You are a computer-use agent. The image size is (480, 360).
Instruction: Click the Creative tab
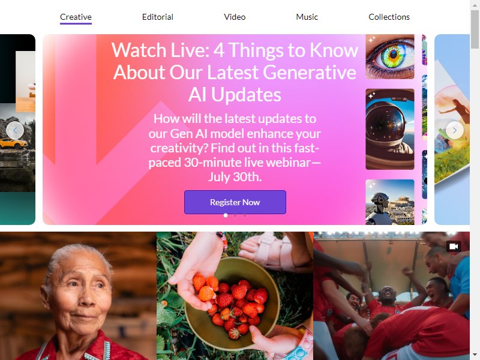click(76, 17)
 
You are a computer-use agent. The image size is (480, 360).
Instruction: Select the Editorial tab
click(158, 17)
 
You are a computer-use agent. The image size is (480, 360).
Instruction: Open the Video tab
click(235, 17)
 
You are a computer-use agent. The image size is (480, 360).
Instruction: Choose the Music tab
click(307, 17)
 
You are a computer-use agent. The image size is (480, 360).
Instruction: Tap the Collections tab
click(389, 17)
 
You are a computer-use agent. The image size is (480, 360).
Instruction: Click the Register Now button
click(235, 202)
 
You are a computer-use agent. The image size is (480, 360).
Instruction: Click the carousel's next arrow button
click(455, 130)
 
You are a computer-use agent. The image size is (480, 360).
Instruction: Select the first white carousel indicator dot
click(226, 215)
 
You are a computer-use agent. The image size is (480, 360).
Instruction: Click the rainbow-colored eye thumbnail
click(390, 56)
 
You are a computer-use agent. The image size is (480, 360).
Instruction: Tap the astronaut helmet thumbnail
click(390, 129)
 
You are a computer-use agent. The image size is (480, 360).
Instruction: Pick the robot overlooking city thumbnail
click(390, 202)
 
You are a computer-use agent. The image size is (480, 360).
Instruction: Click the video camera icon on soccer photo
click(454, 247)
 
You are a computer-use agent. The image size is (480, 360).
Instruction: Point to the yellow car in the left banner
click(13, 143)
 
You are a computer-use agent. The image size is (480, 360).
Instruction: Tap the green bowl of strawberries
click(232, 303)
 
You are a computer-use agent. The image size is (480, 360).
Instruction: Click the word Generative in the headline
click(309, 72)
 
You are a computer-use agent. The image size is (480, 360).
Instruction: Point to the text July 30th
click(235, 176)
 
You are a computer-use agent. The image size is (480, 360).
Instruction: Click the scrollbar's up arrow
click(475, 5)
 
